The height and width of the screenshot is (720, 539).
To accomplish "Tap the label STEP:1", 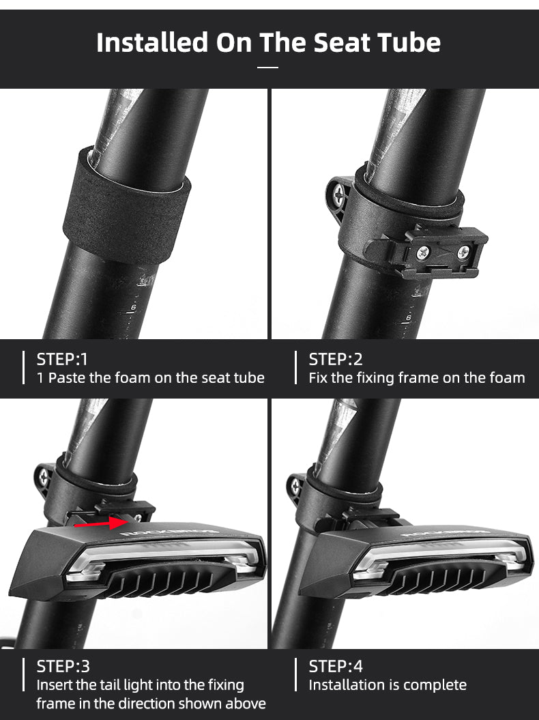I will coord(62,359).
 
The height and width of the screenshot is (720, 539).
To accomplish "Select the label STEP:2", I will coord(336,359).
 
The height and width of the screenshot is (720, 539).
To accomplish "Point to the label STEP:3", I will coord(63,666).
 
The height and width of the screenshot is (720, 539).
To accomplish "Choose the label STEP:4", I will coord(336,666).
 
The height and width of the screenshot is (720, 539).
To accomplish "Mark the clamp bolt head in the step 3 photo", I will coord(44,476).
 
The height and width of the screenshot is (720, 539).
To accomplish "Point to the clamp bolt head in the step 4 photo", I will coord(295,487).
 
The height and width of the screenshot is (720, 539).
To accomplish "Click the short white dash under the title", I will coord(268,67).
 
